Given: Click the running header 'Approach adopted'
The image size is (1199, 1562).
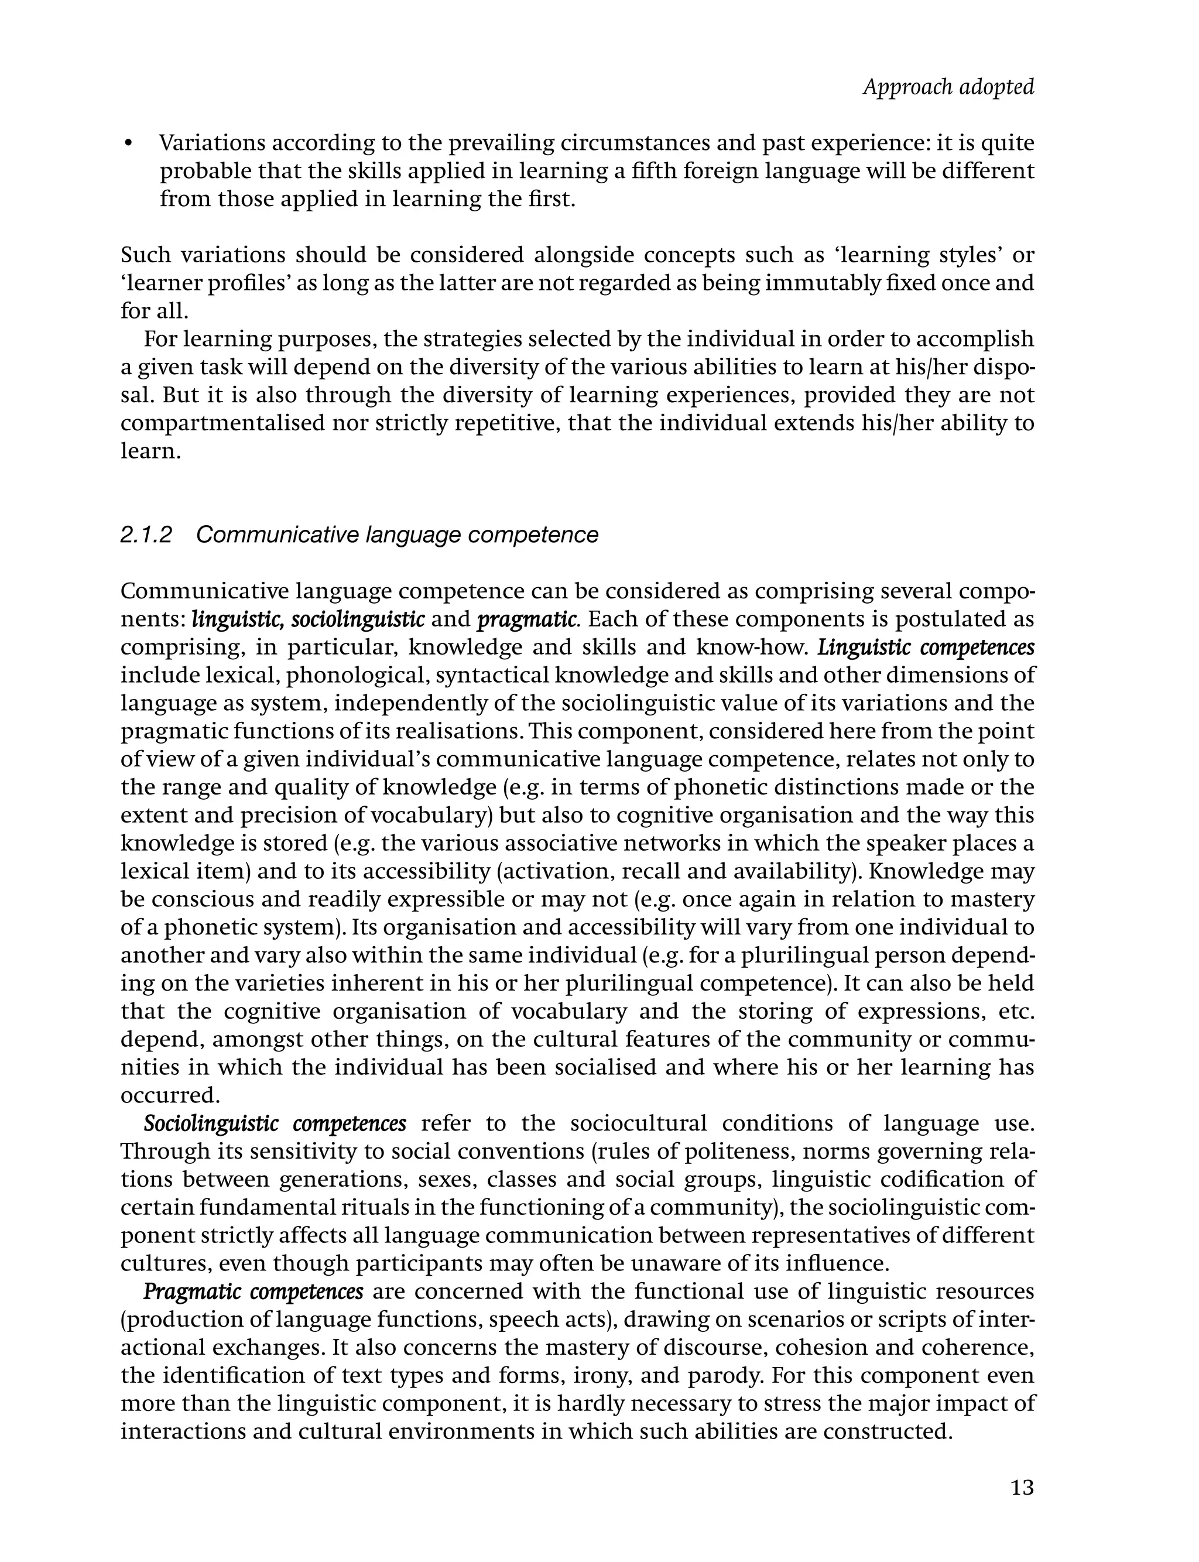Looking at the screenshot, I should coord(948,87).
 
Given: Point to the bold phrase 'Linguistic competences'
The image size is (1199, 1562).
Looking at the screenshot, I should coord(926,647).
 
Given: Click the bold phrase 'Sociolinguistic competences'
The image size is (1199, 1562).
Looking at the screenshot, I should coord(275,1122).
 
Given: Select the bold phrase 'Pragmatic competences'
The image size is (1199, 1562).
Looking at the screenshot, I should coord(253,1291).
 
